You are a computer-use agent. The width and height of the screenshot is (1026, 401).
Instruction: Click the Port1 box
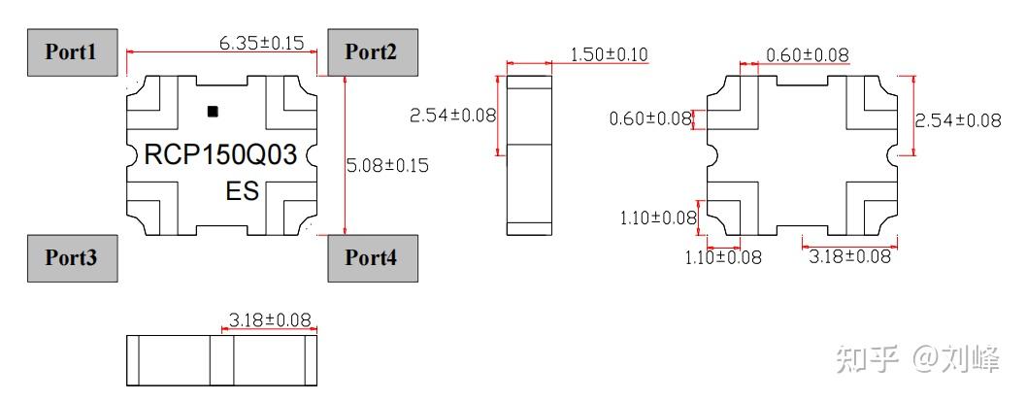71,51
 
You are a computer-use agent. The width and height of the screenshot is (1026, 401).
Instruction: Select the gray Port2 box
371,51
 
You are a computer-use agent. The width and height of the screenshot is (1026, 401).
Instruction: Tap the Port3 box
71,258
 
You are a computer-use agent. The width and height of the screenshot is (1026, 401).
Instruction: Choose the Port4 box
371,258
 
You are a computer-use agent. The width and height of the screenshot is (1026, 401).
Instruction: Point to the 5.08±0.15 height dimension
387,165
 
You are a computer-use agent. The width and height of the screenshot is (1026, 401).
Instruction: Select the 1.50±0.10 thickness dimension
610,54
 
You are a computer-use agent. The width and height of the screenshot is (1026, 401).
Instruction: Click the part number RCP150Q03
219,155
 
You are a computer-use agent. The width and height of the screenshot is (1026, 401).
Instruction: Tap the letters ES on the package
243,191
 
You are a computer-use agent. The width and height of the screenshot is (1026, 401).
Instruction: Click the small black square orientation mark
213,112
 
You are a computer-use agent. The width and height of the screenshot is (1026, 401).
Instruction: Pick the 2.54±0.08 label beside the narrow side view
452,115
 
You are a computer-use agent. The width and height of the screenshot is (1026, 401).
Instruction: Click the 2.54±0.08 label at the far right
957,120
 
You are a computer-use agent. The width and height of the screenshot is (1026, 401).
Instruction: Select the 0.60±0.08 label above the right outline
807,55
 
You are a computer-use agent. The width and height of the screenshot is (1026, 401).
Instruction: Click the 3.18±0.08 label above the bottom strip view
270,319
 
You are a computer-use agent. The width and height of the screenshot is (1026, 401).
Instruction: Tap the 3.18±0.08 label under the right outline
849,256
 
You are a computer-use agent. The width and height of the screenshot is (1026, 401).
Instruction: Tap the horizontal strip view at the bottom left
222,361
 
